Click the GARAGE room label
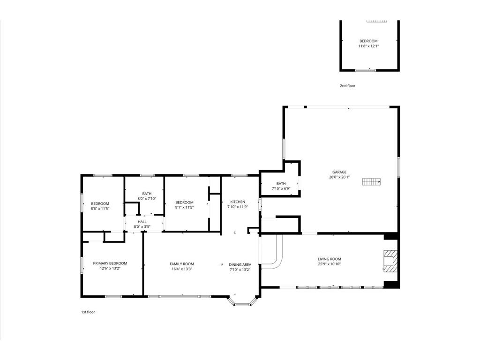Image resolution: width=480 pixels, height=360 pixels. pos(339,172)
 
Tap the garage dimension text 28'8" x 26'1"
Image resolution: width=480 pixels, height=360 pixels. pos(339,177)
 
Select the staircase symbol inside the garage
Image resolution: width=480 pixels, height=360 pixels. pos(371,182)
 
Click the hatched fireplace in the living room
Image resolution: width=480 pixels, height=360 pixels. pos(390,261)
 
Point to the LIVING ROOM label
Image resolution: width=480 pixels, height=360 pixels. pos(330,259)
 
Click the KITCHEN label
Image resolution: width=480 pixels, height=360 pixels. pos(238,202)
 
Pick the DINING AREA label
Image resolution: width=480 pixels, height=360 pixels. pos(240,264)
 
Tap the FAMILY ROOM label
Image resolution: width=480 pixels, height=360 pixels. pos(182,264)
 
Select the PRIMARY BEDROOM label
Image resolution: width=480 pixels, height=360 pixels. pos(110,263)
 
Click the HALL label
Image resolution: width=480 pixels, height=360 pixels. pos(142,222)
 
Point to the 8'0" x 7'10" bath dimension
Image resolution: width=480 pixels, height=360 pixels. pos(147,199)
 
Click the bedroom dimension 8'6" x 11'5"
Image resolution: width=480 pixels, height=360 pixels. pos(100,209)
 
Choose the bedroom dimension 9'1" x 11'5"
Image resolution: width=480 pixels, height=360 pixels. pos(185,207)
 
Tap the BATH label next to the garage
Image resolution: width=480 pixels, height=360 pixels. pos(281,184)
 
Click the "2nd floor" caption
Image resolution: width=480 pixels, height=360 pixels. pos(348,86)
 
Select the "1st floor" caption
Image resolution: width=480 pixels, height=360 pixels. pos(88,312)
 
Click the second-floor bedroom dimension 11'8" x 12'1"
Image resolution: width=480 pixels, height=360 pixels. pos(368,46)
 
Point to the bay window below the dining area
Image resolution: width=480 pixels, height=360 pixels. pos(243,301)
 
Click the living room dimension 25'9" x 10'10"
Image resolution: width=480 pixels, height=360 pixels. pos(330,264)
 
